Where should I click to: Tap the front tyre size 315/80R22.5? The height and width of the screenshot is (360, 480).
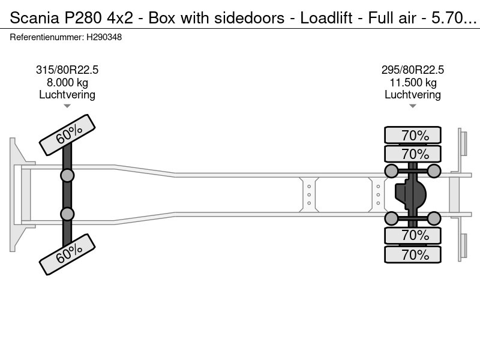[x=67, y=70]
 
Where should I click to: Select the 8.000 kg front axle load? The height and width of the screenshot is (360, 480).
[x=67, y=82]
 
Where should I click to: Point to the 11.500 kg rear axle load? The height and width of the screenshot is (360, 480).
[x=413, y=82]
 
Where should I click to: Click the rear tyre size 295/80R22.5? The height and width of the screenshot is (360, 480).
[x=413, y=70]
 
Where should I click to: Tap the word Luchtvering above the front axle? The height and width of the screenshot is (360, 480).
[x=67, y=94]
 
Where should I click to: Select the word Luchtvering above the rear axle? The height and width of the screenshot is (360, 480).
[x=413, y=94]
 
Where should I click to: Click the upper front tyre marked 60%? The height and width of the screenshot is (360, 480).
[x=67, y=135]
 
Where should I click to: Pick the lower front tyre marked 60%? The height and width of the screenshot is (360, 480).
[x=67, y=254]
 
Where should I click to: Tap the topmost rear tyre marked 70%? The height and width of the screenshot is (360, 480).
[x=413, y=136]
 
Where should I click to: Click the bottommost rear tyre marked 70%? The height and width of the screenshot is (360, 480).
[x=413, y=254]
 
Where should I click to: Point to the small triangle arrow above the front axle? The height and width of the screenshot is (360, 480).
[x=67, y=106]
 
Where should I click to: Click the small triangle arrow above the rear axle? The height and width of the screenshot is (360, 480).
[x=413, y=106]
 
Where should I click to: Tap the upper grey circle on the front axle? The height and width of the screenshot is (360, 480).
[x=67, y=175]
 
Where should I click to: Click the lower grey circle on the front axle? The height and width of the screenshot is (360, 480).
[x=67, y=214]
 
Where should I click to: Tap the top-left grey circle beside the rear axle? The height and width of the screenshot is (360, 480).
[x=391, y=172]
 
